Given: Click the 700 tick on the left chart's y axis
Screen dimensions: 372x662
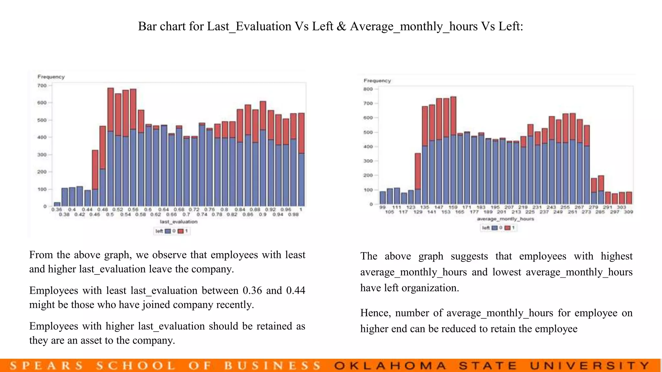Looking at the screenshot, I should click(42, 86).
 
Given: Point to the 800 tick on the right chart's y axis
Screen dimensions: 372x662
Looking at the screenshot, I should click(368, 89).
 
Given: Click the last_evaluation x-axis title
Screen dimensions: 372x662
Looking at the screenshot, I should click(178, 222).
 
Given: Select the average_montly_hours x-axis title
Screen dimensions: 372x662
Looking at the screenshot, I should click(506, 219).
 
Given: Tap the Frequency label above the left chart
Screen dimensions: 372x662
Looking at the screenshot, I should click(51, 77).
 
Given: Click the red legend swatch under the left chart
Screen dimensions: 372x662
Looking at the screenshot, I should click(181, 231).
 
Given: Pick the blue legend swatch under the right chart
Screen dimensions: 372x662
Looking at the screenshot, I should click(495, 228).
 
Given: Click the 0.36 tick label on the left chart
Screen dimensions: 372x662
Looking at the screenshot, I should click(57, 210).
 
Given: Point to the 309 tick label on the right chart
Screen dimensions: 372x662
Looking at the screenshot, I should click(628, 212).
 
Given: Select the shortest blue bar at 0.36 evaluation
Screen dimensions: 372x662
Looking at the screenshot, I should click(57, 204).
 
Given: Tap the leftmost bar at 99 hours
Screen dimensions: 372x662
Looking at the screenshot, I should click(383, 198).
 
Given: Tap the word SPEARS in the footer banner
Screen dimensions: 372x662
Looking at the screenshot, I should click(46, 366).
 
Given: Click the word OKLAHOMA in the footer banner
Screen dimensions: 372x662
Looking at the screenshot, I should click(390, 366).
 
